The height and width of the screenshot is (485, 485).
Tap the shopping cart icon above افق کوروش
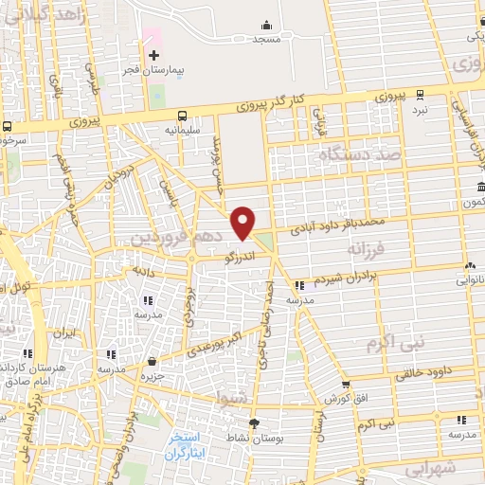coord(345,385)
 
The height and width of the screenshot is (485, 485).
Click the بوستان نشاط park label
coord(253,439)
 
